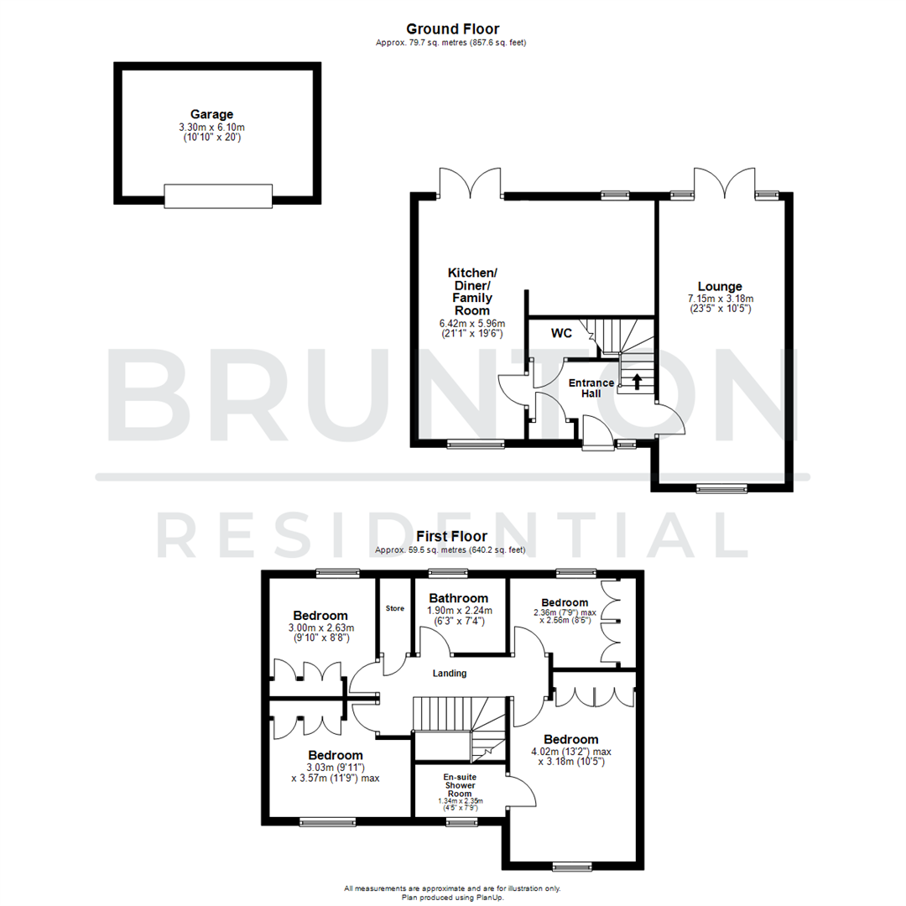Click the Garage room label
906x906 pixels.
pos(211,114)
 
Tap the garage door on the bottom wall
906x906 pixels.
pos(218,196)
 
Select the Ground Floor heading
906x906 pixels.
pos(452,29)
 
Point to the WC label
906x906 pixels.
pos(561,333)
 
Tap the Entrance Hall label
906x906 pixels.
pos(591,388)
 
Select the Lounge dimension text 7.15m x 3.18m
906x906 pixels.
pos(721,299)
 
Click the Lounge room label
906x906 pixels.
pos(721,286)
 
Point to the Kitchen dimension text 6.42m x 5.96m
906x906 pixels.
pos(473,321)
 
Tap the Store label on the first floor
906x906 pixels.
pos(394,608)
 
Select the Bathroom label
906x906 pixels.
pos(459,598)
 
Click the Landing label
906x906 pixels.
pos(450,673)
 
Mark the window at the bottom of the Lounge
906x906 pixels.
pos(721,488)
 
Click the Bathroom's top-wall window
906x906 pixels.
pos(449,574)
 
